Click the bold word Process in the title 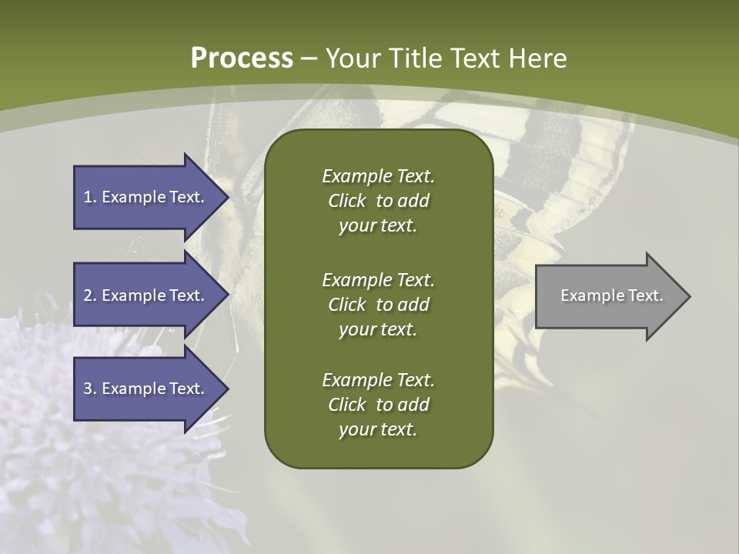(242, 58)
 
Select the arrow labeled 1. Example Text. (146, 197)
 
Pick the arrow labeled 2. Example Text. (146, 295)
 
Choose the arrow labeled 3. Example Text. (146, 389)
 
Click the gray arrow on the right (608, 296)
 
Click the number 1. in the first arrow (90, 197)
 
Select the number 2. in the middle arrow (90, 295)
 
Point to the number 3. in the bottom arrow (90, 389)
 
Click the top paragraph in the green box (378, 201)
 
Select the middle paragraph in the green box (378, 305)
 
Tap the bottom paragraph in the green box (378, 405)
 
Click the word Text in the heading (475, 58)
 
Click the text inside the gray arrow (611, 295)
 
